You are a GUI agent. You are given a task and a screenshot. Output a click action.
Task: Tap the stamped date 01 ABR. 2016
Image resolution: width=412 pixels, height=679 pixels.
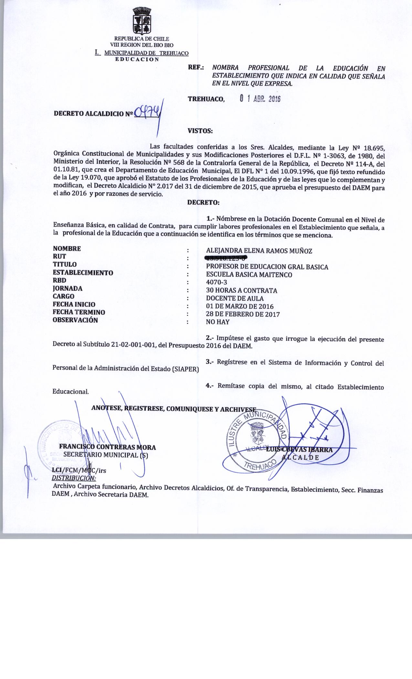[x=260, y=99]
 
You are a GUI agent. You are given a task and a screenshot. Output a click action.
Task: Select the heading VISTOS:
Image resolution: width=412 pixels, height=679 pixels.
[x=200, y=131]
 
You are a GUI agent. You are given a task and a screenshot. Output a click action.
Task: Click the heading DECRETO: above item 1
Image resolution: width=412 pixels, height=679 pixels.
[x=204, y=203]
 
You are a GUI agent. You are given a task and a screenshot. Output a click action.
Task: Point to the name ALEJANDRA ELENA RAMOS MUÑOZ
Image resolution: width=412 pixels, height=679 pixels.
[x=259, y=251]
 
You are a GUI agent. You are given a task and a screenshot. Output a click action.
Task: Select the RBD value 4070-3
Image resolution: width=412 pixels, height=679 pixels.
[x=217, y=282]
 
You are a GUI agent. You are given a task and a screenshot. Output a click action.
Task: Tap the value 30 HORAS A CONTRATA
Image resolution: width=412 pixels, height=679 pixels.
[x=241, y=290]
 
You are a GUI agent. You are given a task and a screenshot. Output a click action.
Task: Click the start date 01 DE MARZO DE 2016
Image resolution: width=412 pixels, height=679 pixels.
[x=240, y=306]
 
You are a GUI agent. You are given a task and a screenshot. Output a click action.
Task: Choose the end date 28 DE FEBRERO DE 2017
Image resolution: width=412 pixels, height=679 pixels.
[x=243, y=314]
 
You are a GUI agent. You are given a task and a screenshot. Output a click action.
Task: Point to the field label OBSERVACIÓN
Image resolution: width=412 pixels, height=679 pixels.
[x=75, y=320]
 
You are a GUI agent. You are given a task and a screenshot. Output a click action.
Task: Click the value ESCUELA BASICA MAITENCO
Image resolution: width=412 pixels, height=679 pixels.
[x=249, y=275]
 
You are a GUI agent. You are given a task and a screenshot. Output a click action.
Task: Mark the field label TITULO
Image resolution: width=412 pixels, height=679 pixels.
[x=65, y=264]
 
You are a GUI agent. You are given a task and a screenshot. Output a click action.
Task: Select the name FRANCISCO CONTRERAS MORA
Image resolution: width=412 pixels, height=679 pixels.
[x=108, y=447]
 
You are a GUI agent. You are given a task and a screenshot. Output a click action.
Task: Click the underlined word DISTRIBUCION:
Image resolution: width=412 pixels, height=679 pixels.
[x=74, y=478]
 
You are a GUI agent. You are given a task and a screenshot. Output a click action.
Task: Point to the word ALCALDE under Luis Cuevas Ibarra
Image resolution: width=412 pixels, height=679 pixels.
[x=301, y=457]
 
